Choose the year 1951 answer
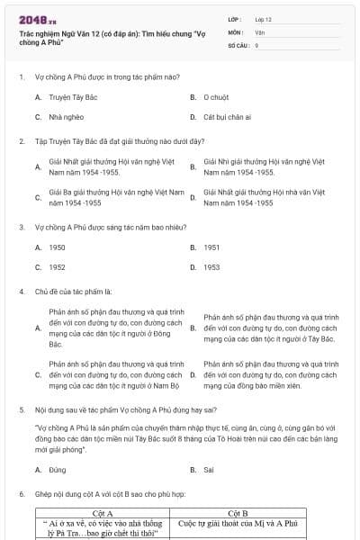(211, 247)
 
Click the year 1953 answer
(211, 267)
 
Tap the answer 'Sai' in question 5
(209, 470)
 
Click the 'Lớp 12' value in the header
(264, 18)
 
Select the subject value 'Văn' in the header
(259, 31)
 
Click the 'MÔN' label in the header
(235, 31)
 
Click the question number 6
(21, 495)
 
